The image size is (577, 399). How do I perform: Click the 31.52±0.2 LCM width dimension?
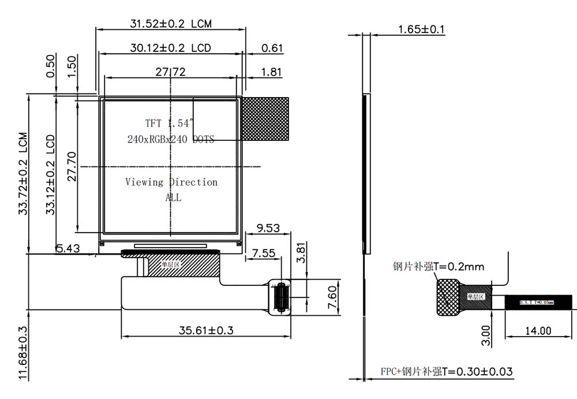coord(170,24)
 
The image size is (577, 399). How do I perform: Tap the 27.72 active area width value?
coord(170,72)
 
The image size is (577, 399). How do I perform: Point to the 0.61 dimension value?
coord(272,48)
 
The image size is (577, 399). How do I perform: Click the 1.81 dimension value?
coord(272,72)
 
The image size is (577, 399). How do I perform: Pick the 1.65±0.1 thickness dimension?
coord(421,29)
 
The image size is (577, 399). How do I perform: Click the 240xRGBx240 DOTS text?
coord(171,139)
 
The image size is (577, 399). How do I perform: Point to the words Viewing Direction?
coord(171,182)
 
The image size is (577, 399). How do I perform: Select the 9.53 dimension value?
coord(268,228)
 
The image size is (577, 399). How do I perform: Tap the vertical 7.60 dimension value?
coord(323,297)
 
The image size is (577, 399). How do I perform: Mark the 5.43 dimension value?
coord(68,248)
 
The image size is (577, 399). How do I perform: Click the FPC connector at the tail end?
coord(281,298)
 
